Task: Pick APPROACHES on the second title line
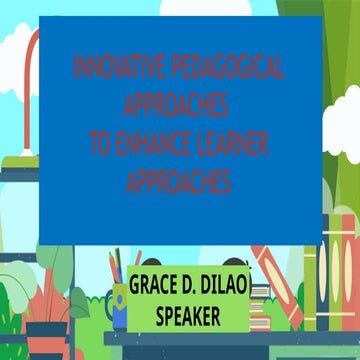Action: click(x=179, y=107)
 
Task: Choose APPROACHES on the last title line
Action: click(x=179, y=181)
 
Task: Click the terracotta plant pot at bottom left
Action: click(x=45, y=335)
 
